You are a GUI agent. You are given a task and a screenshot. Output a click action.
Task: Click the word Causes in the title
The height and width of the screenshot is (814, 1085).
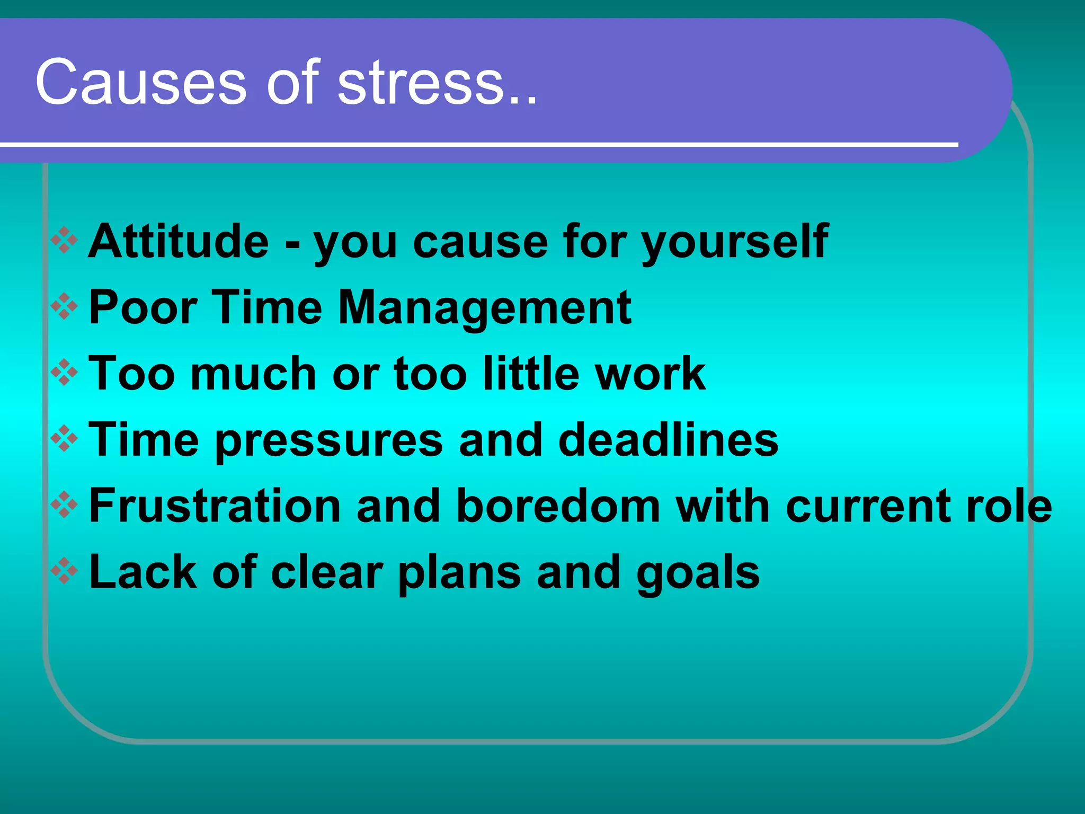[x=141, y=82]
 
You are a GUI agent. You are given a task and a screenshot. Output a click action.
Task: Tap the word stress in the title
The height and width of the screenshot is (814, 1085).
[x=421, y=82]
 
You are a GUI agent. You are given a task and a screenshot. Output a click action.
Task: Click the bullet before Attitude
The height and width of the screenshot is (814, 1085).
[x=64, y=241]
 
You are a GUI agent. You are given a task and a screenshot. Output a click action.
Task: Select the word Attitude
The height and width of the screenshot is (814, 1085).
[x=179, y=241]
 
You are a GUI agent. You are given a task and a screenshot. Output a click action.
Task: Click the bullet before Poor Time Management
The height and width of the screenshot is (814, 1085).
[x=64, y=307]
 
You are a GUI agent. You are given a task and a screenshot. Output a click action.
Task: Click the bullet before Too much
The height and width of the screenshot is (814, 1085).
[x=64, y=373]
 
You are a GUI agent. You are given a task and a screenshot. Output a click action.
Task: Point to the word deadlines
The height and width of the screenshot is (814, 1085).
[x=668, y=440]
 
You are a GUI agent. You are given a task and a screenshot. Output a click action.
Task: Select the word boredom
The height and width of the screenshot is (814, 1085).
[x=558, y=506]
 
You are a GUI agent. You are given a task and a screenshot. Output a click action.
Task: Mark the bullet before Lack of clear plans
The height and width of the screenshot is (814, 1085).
[x=64, y=571]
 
